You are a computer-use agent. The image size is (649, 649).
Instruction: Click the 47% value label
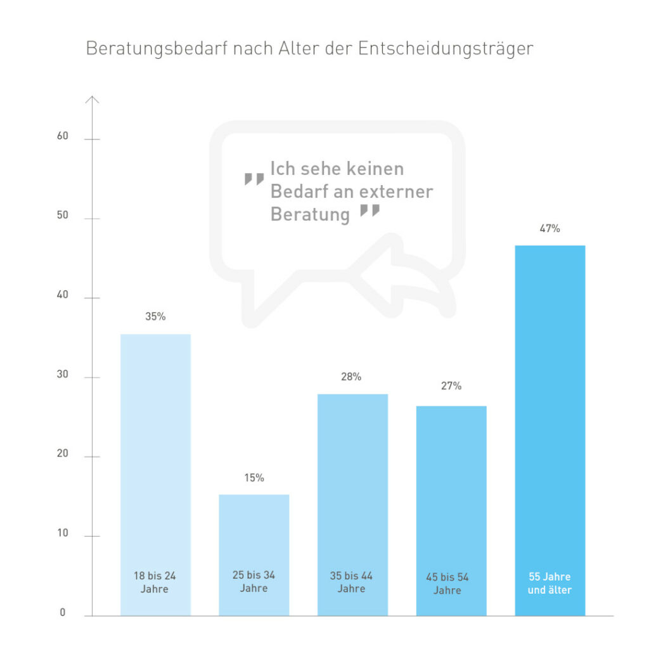coord(549,229)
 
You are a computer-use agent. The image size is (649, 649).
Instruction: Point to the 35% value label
coord(155,317)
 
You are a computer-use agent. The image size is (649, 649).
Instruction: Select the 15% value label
coord(254,478)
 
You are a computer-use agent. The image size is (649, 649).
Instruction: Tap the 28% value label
coord(351,377)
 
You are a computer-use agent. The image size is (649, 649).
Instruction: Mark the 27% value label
coord(451,386)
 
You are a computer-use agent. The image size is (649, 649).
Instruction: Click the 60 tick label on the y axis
coord(62,137)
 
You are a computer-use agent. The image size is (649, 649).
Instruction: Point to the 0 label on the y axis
coord(63,613)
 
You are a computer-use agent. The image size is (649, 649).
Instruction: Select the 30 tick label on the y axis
coord(62,375)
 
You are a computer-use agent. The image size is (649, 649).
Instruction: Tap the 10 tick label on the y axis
coord(62,534)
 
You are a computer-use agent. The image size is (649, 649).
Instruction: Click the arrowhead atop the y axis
coord(93,99)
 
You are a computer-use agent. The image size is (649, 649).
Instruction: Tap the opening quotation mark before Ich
coord(254,179)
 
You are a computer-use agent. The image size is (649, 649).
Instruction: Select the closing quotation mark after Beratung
coord(369,210)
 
